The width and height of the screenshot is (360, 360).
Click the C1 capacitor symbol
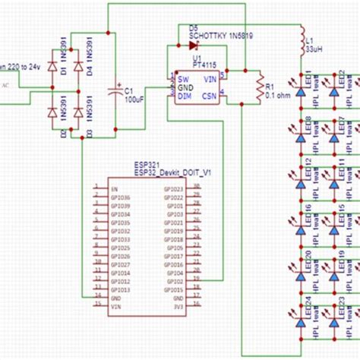[115, 90]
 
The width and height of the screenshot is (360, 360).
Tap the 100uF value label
[134, 99]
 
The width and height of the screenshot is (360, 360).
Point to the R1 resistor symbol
[260, 87]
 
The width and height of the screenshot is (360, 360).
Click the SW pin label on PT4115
[183, 77]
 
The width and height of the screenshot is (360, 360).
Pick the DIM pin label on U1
[184, 96]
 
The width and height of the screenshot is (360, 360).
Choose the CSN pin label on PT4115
[210, 96]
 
